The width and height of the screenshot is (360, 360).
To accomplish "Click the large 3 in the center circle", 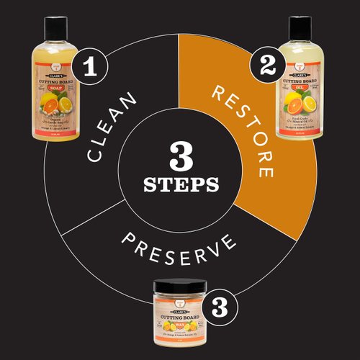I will pos(180,153).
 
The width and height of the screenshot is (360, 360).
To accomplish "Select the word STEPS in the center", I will pos(180,184).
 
